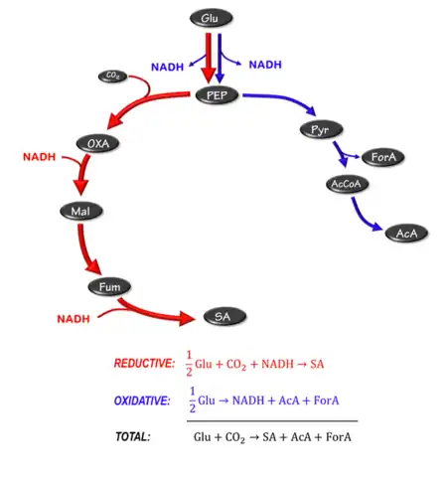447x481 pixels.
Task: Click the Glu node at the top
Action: click(209, 18)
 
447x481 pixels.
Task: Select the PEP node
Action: click(217, 94)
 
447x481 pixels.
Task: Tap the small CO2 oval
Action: click(111, 76)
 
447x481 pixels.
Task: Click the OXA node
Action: click(98, 144)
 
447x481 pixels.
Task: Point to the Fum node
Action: click(108, 287)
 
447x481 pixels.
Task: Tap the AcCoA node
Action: click(349, 185)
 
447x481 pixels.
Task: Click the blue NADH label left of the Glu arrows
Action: click(167, 67)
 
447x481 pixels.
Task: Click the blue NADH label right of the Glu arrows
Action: click(264, 65)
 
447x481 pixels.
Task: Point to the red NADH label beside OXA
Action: click(39, 157)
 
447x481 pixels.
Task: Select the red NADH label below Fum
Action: click(74, 319)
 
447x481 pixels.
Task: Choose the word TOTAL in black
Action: click(132, 436)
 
